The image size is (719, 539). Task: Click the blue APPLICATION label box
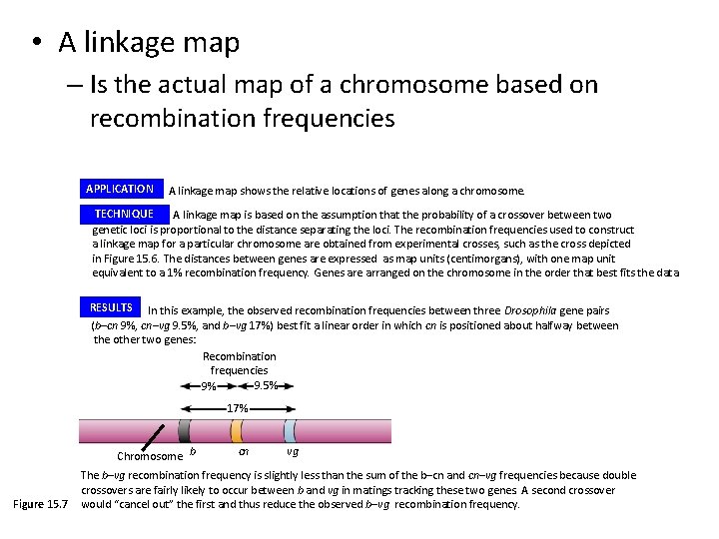click(120, 189)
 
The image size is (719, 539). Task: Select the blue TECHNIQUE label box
click(124, 214)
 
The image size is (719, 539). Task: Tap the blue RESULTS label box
click(111, 308)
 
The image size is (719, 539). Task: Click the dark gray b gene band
click(185, 431)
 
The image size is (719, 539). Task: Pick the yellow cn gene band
click(237, 431)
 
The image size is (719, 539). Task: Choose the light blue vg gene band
click(291, 431)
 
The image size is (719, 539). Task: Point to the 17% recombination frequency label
click(238, 408)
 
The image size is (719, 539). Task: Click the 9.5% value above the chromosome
click(266, 385)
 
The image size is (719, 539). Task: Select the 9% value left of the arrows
click(209, 387)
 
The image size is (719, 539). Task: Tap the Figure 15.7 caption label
click(40, 504)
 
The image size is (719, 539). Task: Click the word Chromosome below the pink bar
click(150, 457)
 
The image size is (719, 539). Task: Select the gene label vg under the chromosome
click(293, 451)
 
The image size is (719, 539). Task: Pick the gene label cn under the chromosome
click(243, 451)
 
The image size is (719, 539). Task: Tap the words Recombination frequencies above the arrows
click(240, 363)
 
